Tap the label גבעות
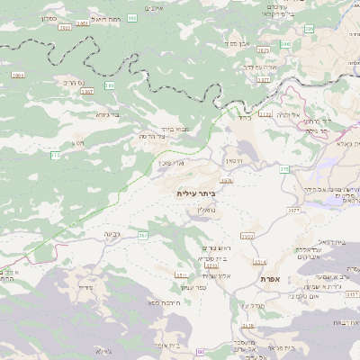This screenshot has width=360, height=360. (112, 235)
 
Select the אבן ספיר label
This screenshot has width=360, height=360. (236, 43)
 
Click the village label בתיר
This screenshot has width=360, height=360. (244, 117)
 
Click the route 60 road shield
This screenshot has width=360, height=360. (200, 351)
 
